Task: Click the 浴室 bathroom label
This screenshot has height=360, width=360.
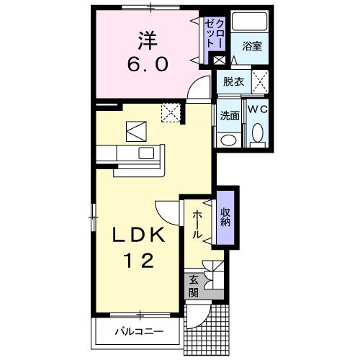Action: [x=251, y=47]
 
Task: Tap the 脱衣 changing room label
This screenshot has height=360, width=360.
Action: [x=233, y=81]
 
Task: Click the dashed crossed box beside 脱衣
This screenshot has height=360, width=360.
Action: [x=259, y=81]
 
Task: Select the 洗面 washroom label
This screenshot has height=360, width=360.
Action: [x=230, y=113]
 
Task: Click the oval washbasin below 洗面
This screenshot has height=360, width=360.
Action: [x=230, y=139]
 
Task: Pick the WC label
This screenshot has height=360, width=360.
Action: [x=257, y=108]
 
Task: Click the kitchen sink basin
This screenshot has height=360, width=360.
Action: [x=146, y=153]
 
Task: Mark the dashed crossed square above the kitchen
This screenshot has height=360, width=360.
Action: [x=171, y=112]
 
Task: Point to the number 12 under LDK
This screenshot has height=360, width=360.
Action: [x=141, y=261]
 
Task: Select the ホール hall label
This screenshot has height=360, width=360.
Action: [x=197, y=225]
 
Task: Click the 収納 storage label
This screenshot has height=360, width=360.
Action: [x=225, y=217]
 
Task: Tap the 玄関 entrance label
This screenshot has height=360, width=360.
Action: [x=193, y=287]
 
